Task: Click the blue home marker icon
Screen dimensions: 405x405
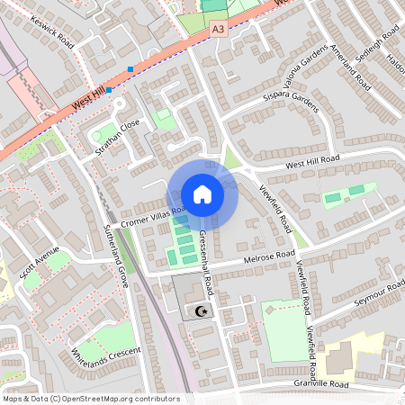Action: pos(202,194)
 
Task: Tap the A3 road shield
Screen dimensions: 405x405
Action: pos(218,30)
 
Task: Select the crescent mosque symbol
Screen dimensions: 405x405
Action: pos(200,310)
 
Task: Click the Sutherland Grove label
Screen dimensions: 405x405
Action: pos(115,256)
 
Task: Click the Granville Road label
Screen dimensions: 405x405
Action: pos(320,383)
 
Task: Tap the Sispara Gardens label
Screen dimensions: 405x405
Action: pos(292,100)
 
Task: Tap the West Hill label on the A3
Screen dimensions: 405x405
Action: pos(89,105)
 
